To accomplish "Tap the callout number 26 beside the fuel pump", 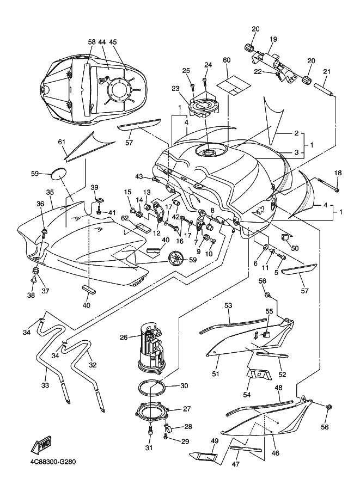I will (x=124, y=338).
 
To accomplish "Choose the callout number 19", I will (x=273, y=39).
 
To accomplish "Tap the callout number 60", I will (x=227, y=60).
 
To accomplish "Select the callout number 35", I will (x=50, y=193).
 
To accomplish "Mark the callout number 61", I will (x=62, y=142).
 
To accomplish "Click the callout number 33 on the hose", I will (x=45, y=385).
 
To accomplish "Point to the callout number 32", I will (x=92, y=365).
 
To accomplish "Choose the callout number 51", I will (x=215, y=373).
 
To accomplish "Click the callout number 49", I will (x=215, y=440).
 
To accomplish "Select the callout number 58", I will (x=91, y=42).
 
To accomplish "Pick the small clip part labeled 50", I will (x=284, y=237).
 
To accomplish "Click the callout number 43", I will (x=139, y=176).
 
